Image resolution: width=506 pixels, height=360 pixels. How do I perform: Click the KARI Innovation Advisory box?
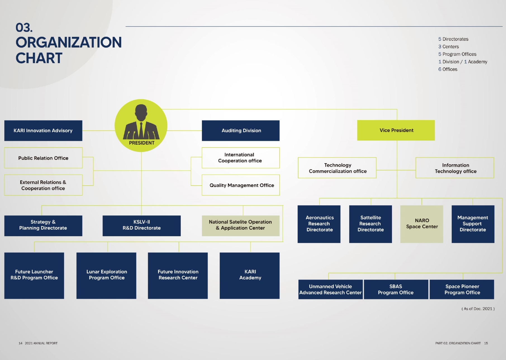tap(43, 131)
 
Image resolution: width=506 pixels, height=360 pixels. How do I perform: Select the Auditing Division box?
tap(241, 131)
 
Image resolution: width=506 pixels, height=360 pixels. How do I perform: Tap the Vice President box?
tap(396, 130)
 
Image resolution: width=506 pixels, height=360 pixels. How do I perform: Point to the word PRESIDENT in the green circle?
tap(142, 143)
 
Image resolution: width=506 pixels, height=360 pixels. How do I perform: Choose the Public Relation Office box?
tap(43, 158)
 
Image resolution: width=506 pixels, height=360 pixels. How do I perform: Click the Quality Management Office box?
tap(241, 185)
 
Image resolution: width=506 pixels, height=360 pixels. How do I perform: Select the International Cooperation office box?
tap(241, 158)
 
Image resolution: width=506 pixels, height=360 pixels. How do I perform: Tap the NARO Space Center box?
tap(422, 224)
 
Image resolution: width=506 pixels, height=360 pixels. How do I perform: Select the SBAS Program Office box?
tap(396, 290)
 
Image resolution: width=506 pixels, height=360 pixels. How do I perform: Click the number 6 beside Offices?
tap(440, 69)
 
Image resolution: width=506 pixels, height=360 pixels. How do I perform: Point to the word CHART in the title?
tap(39, 58)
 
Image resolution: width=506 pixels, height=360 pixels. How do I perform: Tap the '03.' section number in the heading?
tap(24, 28)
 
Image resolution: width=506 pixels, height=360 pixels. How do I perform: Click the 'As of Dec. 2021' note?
tap(478, 309)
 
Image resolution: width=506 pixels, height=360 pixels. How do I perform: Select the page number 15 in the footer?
tap(486, 343)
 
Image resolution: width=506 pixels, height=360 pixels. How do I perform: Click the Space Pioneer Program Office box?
tap(462, 290)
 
